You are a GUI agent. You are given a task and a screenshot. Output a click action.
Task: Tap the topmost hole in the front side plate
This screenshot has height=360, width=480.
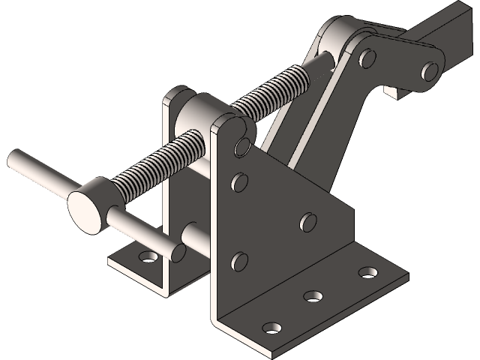241,145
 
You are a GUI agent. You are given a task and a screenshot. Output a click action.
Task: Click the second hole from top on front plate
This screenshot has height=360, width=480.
240,181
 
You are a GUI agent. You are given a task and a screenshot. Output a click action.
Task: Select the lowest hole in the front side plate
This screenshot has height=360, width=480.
239,261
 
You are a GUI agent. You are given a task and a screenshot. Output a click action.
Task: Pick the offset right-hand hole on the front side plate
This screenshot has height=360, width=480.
307,222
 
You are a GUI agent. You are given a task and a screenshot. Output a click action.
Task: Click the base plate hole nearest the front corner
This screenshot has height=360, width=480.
273,328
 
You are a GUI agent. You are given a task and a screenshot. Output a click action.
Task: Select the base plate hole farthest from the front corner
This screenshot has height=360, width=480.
367,271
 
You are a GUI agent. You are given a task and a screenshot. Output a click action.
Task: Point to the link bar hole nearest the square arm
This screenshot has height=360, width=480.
430,71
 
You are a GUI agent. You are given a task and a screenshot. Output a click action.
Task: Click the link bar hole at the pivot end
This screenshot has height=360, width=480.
367,57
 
